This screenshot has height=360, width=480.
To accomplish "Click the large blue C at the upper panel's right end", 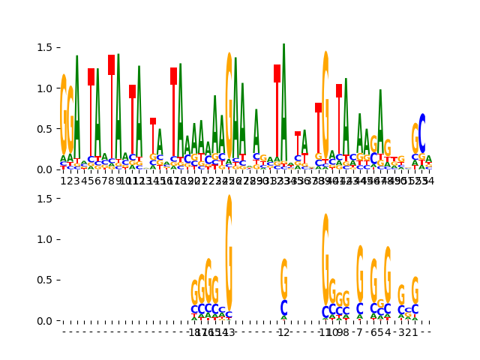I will pyautogui.click(x=422, y=133).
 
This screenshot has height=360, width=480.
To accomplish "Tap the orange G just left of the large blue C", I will pyautogui.click(x=415, y=138).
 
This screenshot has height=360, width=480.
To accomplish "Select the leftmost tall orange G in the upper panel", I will pyautogui.click(x=64, y=112).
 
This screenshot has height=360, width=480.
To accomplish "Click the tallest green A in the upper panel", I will pyautogui.click(x=283, y=90).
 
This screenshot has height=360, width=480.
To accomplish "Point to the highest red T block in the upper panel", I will pyautogui.click(x=112, y=64).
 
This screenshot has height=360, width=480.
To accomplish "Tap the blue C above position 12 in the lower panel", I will pyautogui.click(x=283, y=307).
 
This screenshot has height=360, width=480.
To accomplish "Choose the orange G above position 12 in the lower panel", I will pyautogui.click(x=283, y=279).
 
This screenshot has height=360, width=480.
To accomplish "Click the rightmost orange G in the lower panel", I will pyautogui.click(x=415, y=290).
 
